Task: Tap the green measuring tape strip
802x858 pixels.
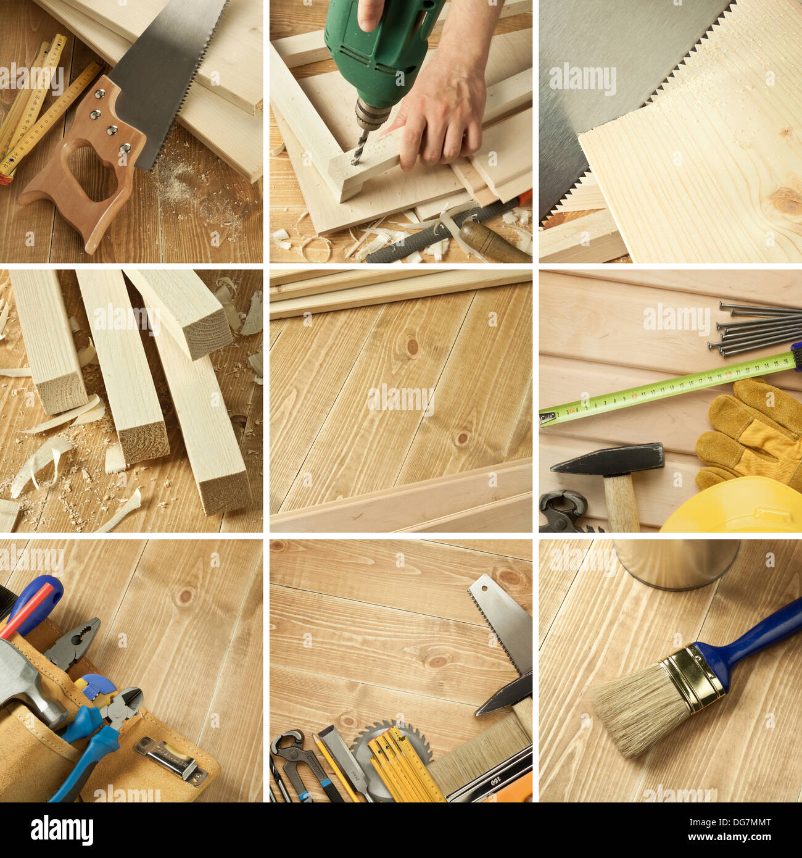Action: (x=666, y=389)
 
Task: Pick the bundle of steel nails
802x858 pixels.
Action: (x=759, y=327)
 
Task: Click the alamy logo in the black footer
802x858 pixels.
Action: (x=62, y=830)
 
